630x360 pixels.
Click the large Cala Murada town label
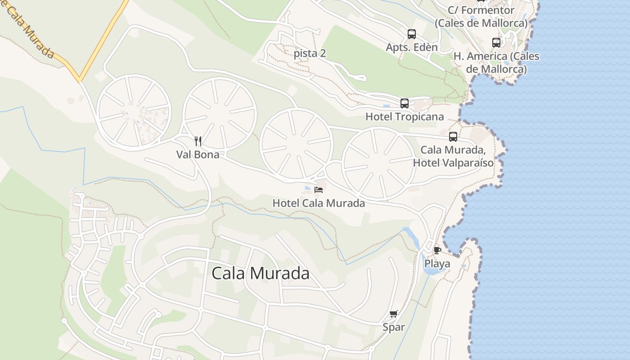coord(260,273)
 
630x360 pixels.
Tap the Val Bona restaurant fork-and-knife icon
coord(198,141)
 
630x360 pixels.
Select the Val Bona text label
coord(198,154)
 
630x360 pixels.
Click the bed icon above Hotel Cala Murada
coord(319,189)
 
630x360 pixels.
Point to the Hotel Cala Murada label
coord(319,203)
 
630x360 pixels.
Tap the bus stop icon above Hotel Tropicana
coord(405,103)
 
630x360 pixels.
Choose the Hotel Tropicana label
coord(405,117)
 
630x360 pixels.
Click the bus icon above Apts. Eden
coord(412,34)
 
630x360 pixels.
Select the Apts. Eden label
coord(412,47)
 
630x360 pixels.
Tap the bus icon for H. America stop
coord(496,43)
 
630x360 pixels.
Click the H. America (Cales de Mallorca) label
coord(496,63)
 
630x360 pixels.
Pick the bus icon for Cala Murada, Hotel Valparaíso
coord(453,137)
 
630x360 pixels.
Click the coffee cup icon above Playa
coord(437,250)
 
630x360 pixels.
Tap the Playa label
coord(437,264)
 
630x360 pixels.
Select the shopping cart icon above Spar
coord(394,314)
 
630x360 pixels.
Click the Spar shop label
coord(394,327)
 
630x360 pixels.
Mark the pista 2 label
coord(310,53)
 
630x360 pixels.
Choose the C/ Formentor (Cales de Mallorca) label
coord(481,16)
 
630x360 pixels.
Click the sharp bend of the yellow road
coord(79,80)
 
